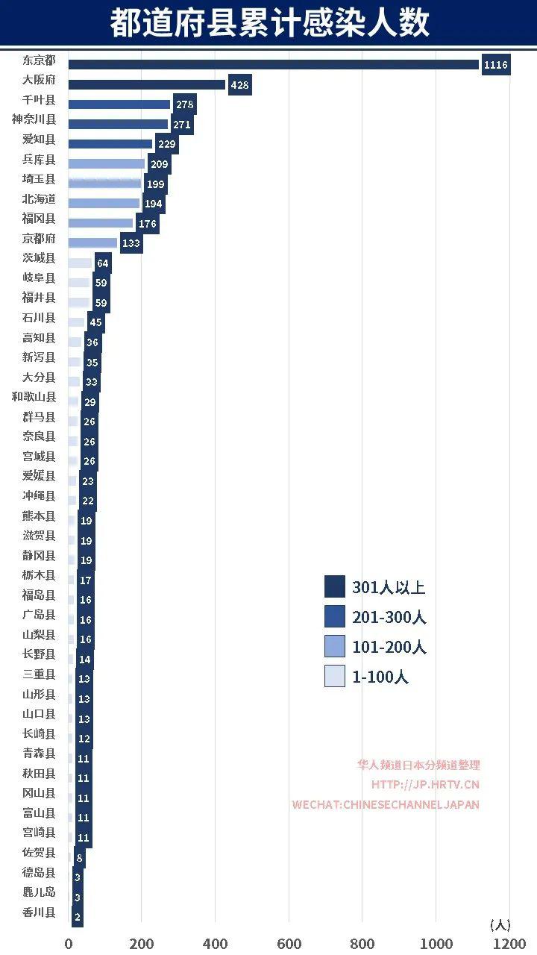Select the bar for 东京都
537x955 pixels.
point(273,65)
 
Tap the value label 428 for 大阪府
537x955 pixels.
point(239,85)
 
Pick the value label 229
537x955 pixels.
point(167,144)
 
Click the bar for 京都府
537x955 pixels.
point(92,242)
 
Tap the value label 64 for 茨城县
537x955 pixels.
point(102,263)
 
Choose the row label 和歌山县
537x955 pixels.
point(34,397)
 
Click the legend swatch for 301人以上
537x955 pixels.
point(335,586)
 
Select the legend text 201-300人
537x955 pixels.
point(389,617)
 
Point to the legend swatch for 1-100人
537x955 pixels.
point(335,676)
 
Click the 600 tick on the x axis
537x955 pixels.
point(289,943)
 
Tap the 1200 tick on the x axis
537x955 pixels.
point(510,943)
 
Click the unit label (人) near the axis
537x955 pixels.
point(500,924)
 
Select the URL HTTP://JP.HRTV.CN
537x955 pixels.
point(425,784)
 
